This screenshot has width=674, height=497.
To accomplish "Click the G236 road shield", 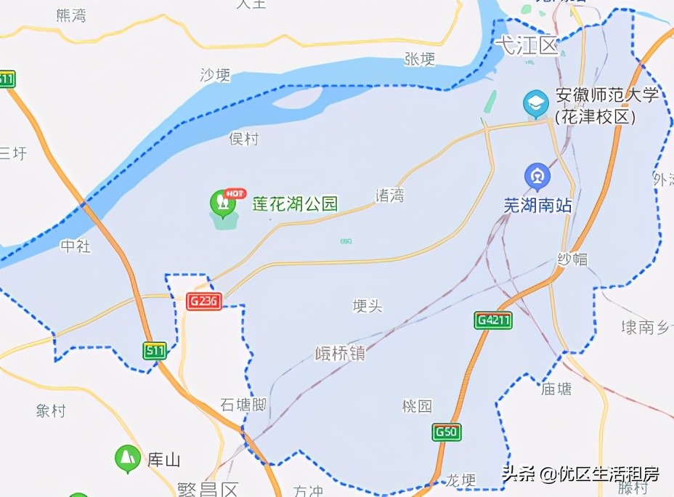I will pyautogui.click(x=203, y=302).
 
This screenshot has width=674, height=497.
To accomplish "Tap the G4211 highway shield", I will pyautogui.click(x=494, y=320).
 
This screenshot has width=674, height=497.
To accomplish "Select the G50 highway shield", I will pyautogui.click(x=447, y=432).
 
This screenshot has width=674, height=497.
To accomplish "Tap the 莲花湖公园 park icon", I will pyautogui.click(x=223, y=204).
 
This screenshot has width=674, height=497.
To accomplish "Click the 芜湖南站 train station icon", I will pyautogui.click(x=537, y=177).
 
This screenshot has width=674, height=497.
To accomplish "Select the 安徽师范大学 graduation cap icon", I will pyautogui.click(x=537, y=103).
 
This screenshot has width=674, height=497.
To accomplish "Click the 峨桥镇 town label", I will pyautogui.click(x=341, y=354).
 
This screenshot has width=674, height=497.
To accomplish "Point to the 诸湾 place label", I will pyautogui.click(x=389, y=195).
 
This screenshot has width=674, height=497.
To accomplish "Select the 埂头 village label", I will pyautogui.click(x=367, y=306).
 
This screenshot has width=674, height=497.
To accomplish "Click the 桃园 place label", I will pyautogui.click(x=417, y=405).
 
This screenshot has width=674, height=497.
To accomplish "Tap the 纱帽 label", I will pyautogui.click(x=572, y=259).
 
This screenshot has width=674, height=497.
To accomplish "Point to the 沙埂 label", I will pyautogui.click(x=215, y=75).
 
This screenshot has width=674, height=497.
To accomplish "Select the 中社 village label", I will pyautogui.click(x=76, y=247).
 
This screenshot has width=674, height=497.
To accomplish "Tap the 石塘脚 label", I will pyautogui.click(x=243, y=405).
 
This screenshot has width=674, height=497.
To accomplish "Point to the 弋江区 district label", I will pyautogui.click(x=525, y=47).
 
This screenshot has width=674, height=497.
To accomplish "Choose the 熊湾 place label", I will pyautogui.click(x=70, y=15).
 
